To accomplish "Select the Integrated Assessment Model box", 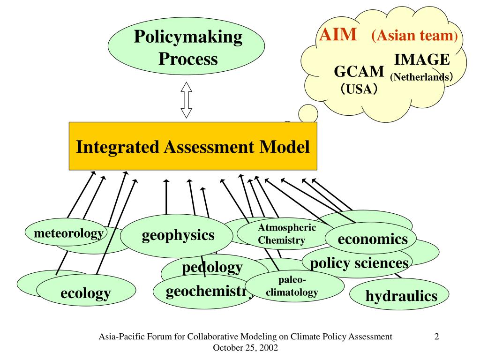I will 193,146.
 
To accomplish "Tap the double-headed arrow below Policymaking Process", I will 187,100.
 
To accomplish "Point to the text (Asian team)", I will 414,36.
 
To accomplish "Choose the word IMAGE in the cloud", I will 422,60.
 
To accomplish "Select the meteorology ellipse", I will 65,233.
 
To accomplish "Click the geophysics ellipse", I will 178,235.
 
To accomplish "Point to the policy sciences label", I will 359,263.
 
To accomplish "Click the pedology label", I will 212,268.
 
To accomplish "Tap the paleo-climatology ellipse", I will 292,286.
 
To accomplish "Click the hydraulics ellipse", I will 401,296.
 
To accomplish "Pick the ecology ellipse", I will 86,294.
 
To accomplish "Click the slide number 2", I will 436,336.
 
